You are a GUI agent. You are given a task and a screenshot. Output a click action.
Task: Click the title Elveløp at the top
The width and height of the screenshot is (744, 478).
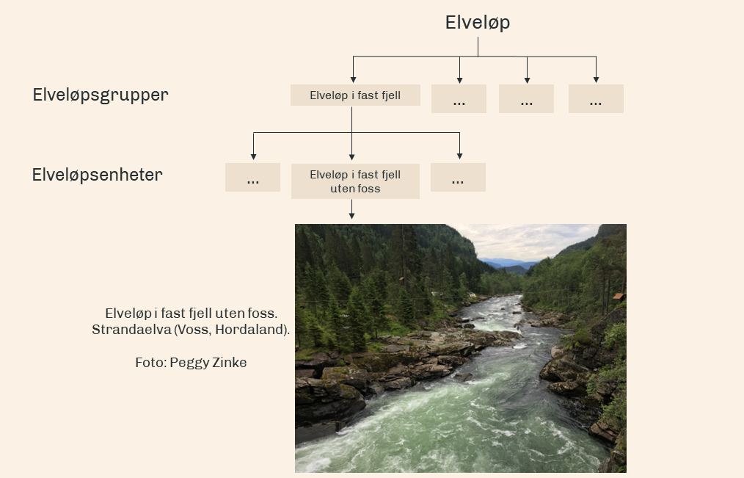[477, 23]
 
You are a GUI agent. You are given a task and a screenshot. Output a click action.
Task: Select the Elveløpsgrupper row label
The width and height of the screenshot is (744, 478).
[101, 95]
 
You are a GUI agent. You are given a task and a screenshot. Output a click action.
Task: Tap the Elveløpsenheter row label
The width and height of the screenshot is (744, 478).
[97, 175]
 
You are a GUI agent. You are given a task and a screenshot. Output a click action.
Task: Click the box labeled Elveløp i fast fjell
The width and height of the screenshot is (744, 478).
[355, 95]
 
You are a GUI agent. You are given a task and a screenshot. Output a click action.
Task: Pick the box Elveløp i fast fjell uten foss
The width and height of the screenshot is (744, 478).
[355, 181]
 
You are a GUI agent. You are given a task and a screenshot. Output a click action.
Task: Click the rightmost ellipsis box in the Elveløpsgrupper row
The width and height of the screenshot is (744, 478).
[595, 98]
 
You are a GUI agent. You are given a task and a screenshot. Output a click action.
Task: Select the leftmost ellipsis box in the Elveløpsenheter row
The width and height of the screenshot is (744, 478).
[252, 177]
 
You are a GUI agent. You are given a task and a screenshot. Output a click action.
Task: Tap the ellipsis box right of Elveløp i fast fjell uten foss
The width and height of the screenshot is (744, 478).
[458, 177]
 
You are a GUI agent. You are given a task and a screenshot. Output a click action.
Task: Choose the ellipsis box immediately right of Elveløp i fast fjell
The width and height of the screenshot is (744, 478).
[459, 98]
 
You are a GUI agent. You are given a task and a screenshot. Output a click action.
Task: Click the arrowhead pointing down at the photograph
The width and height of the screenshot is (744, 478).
[352, 215]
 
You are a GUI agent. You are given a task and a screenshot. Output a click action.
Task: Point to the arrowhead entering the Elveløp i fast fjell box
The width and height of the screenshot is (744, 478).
[353, 79]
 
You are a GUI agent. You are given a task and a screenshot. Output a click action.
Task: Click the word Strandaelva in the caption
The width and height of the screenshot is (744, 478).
[122, 330]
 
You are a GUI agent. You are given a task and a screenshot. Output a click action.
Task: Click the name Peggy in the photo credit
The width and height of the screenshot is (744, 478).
[189, 363]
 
